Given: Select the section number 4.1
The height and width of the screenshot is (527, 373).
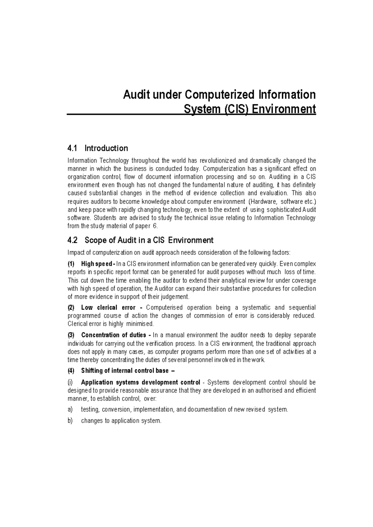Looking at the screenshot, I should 72,148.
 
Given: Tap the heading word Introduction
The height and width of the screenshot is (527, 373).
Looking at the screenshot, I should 106,148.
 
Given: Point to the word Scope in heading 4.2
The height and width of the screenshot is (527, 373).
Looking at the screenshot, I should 95,240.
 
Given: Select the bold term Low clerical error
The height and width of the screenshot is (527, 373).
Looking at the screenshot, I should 108,308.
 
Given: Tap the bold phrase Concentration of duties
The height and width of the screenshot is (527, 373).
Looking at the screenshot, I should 113,335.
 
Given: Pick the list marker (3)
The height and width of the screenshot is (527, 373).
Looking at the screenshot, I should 71,335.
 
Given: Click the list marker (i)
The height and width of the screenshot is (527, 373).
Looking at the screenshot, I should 70,382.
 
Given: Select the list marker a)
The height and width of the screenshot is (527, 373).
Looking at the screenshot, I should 70,410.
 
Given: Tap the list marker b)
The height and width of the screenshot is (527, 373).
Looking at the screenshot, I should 70,421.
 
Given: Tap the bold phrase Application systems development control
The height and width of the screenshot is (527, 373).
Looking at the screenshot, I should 140,382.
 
